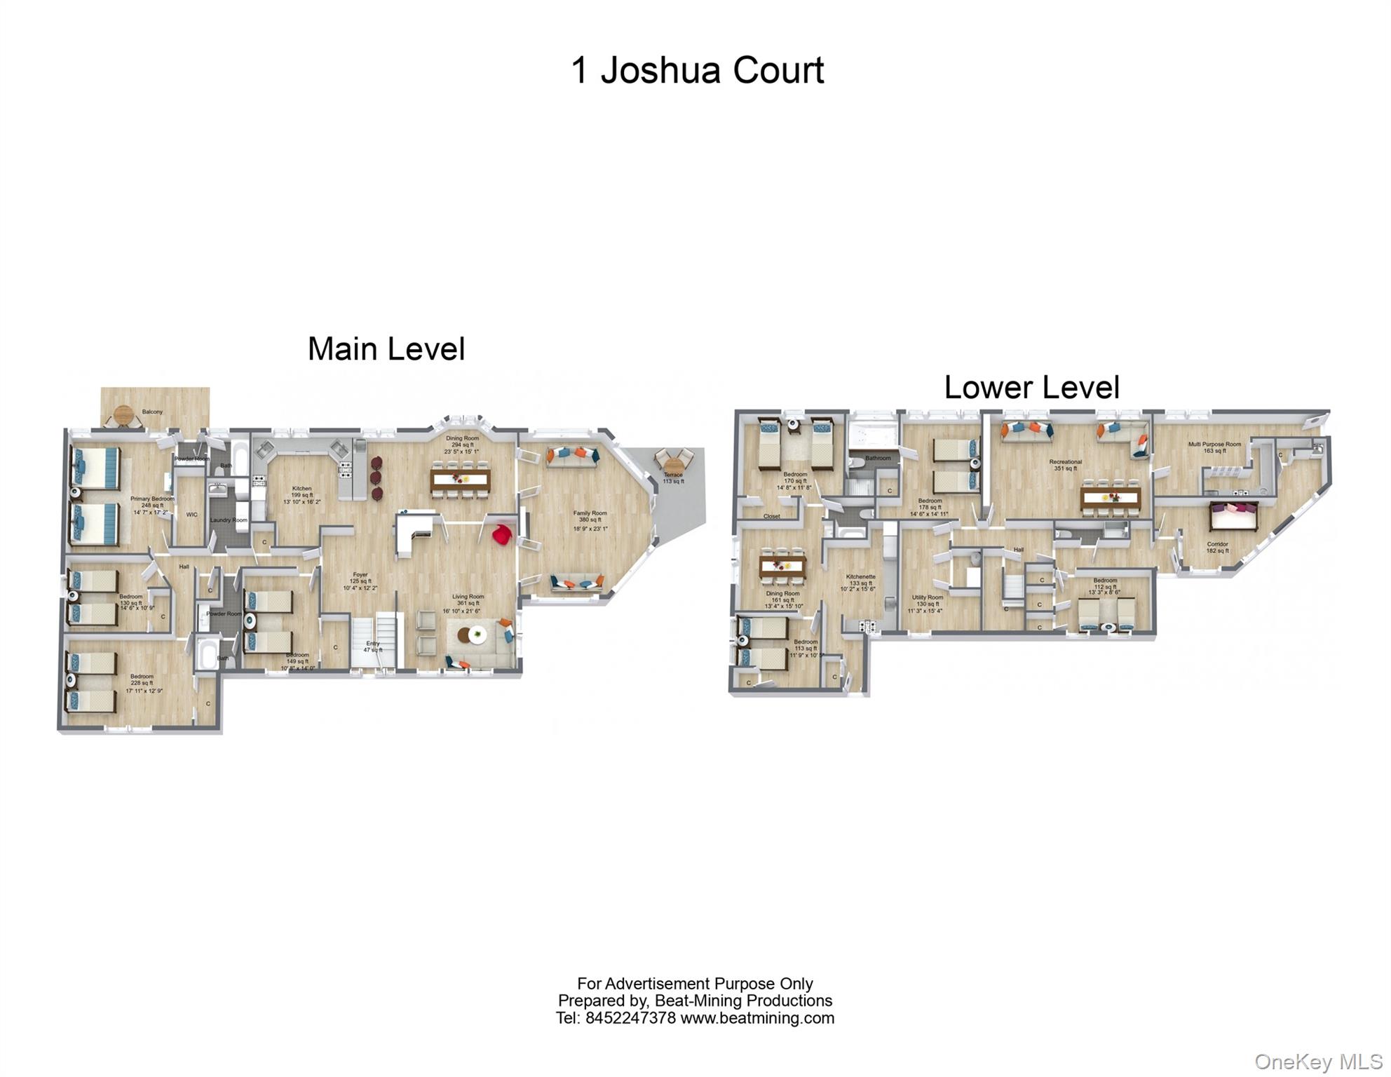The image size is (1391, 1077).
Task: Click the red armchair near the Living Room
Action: (x=502, y=535)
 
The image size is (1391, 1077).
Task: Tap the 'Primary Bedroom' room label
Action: (x=152, y=499)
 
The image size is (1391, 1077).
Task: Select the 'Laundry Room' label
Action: (x=229, y=520)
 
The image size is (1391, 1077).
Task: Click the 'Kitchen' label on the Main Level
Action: (x=301, y=489)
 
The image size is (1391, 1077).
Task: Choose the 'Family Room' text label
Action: (x=590, y=513)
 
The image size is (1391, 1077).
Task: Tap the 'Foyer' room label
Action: (x=360, y=575)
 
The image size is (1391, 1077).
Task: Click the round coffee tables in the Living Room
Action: (x=472, y=635)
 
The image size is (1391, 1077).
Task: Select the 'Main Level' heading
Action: (x=386, y=349)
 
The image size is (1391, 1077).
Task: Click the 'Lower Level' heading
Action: (x=1031, y=387)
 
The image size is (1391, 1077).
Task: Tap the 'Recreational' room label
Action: (x=1065, y=462)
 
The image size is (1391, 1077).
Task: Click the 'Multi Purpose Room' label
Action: (x=1214, y=445)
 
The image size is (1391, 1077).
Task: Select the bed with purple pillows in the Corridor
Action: (x=1233, y=516)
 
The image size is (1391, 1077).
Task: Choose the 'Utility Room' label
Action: (x=927, y=597)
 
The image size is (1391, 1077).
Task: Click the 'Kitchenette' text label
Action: (x=860, y=576)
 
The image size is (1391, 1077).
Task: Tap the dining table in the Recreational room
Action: (x=1111, y=499)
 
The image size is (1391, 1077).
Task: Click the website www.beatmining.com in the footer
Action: (x=757, y=1018)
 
